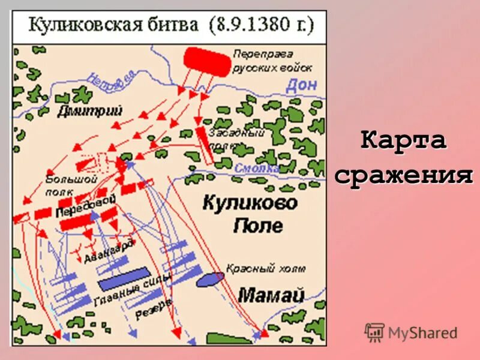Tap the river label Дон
[301, 85]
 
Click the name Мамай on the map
[271, 294]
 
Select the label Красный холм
[266, 268]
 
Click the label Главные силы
[133, 289]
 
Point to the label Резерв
[154, 310]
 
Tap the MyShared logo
[411, 332]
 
